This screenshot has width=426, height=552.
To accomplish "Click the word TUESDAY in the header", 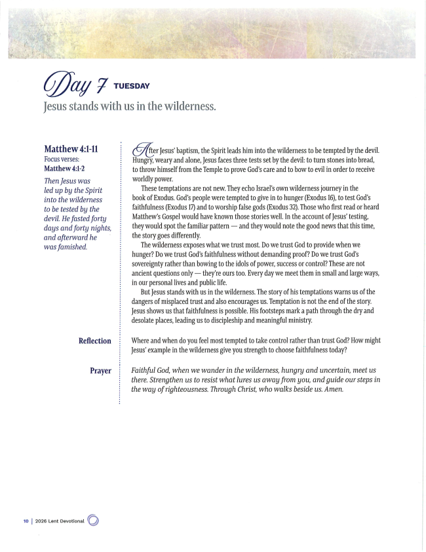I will coord(132,86).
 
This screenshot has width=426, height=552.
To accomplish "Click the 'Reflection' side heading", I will coord(94,341).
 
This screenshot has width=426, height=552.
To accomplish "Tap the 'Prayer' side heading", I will coord(100,371).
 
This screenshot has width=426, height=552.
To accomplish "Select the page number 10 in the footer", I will coord(26,520).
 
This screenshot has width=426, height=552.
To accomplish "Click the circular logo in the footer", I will coord(93,520).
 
